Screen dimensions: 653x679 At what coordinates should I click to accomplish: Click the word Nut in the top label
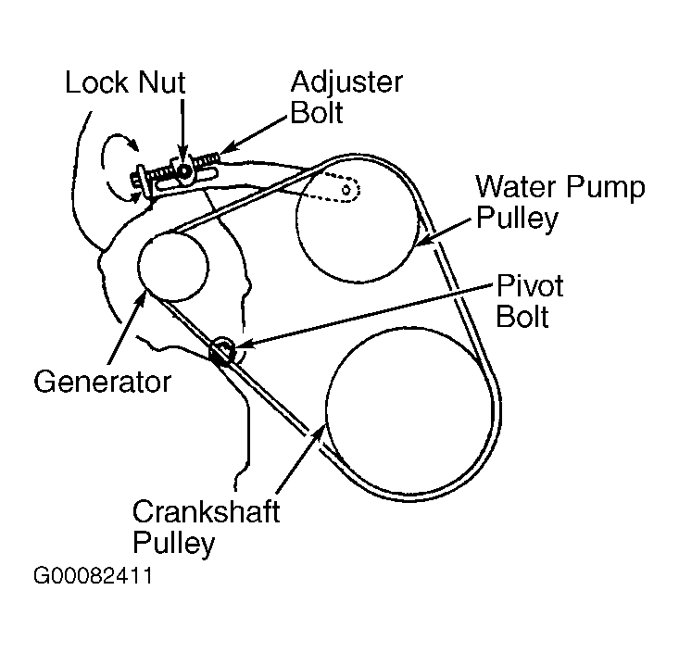coord(159,82)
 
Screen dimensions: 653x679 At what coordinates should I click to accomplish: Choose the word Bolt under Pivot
coord(522,316)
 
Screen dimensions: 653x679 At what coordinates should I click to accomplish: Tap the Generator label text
coord(102,382)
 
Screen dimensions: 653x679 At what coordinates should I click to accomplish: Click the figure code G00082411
coord(93,575)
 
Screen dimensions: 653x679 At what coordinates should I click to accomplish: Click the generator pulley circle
coord(172,264)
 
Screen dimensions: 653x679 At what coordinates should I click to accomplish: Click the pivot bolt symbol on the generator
coord(222,350)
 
